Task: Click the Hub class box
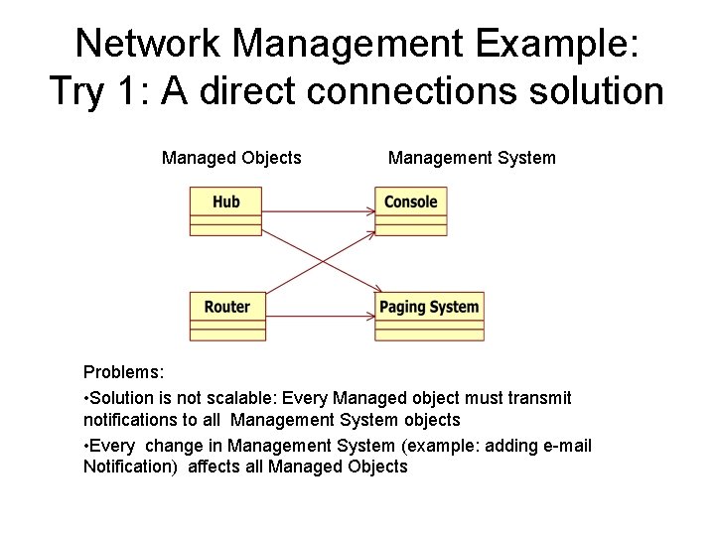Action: coord(226,211)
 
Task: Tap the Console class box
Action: coord(410,211)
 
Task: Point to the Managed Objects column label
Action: coord(231,158)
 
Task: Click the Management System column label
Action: coord(472,158)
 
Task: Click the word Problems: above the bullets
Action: coord(124,373)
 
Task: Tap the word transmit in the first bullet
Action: coord(539,398)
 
